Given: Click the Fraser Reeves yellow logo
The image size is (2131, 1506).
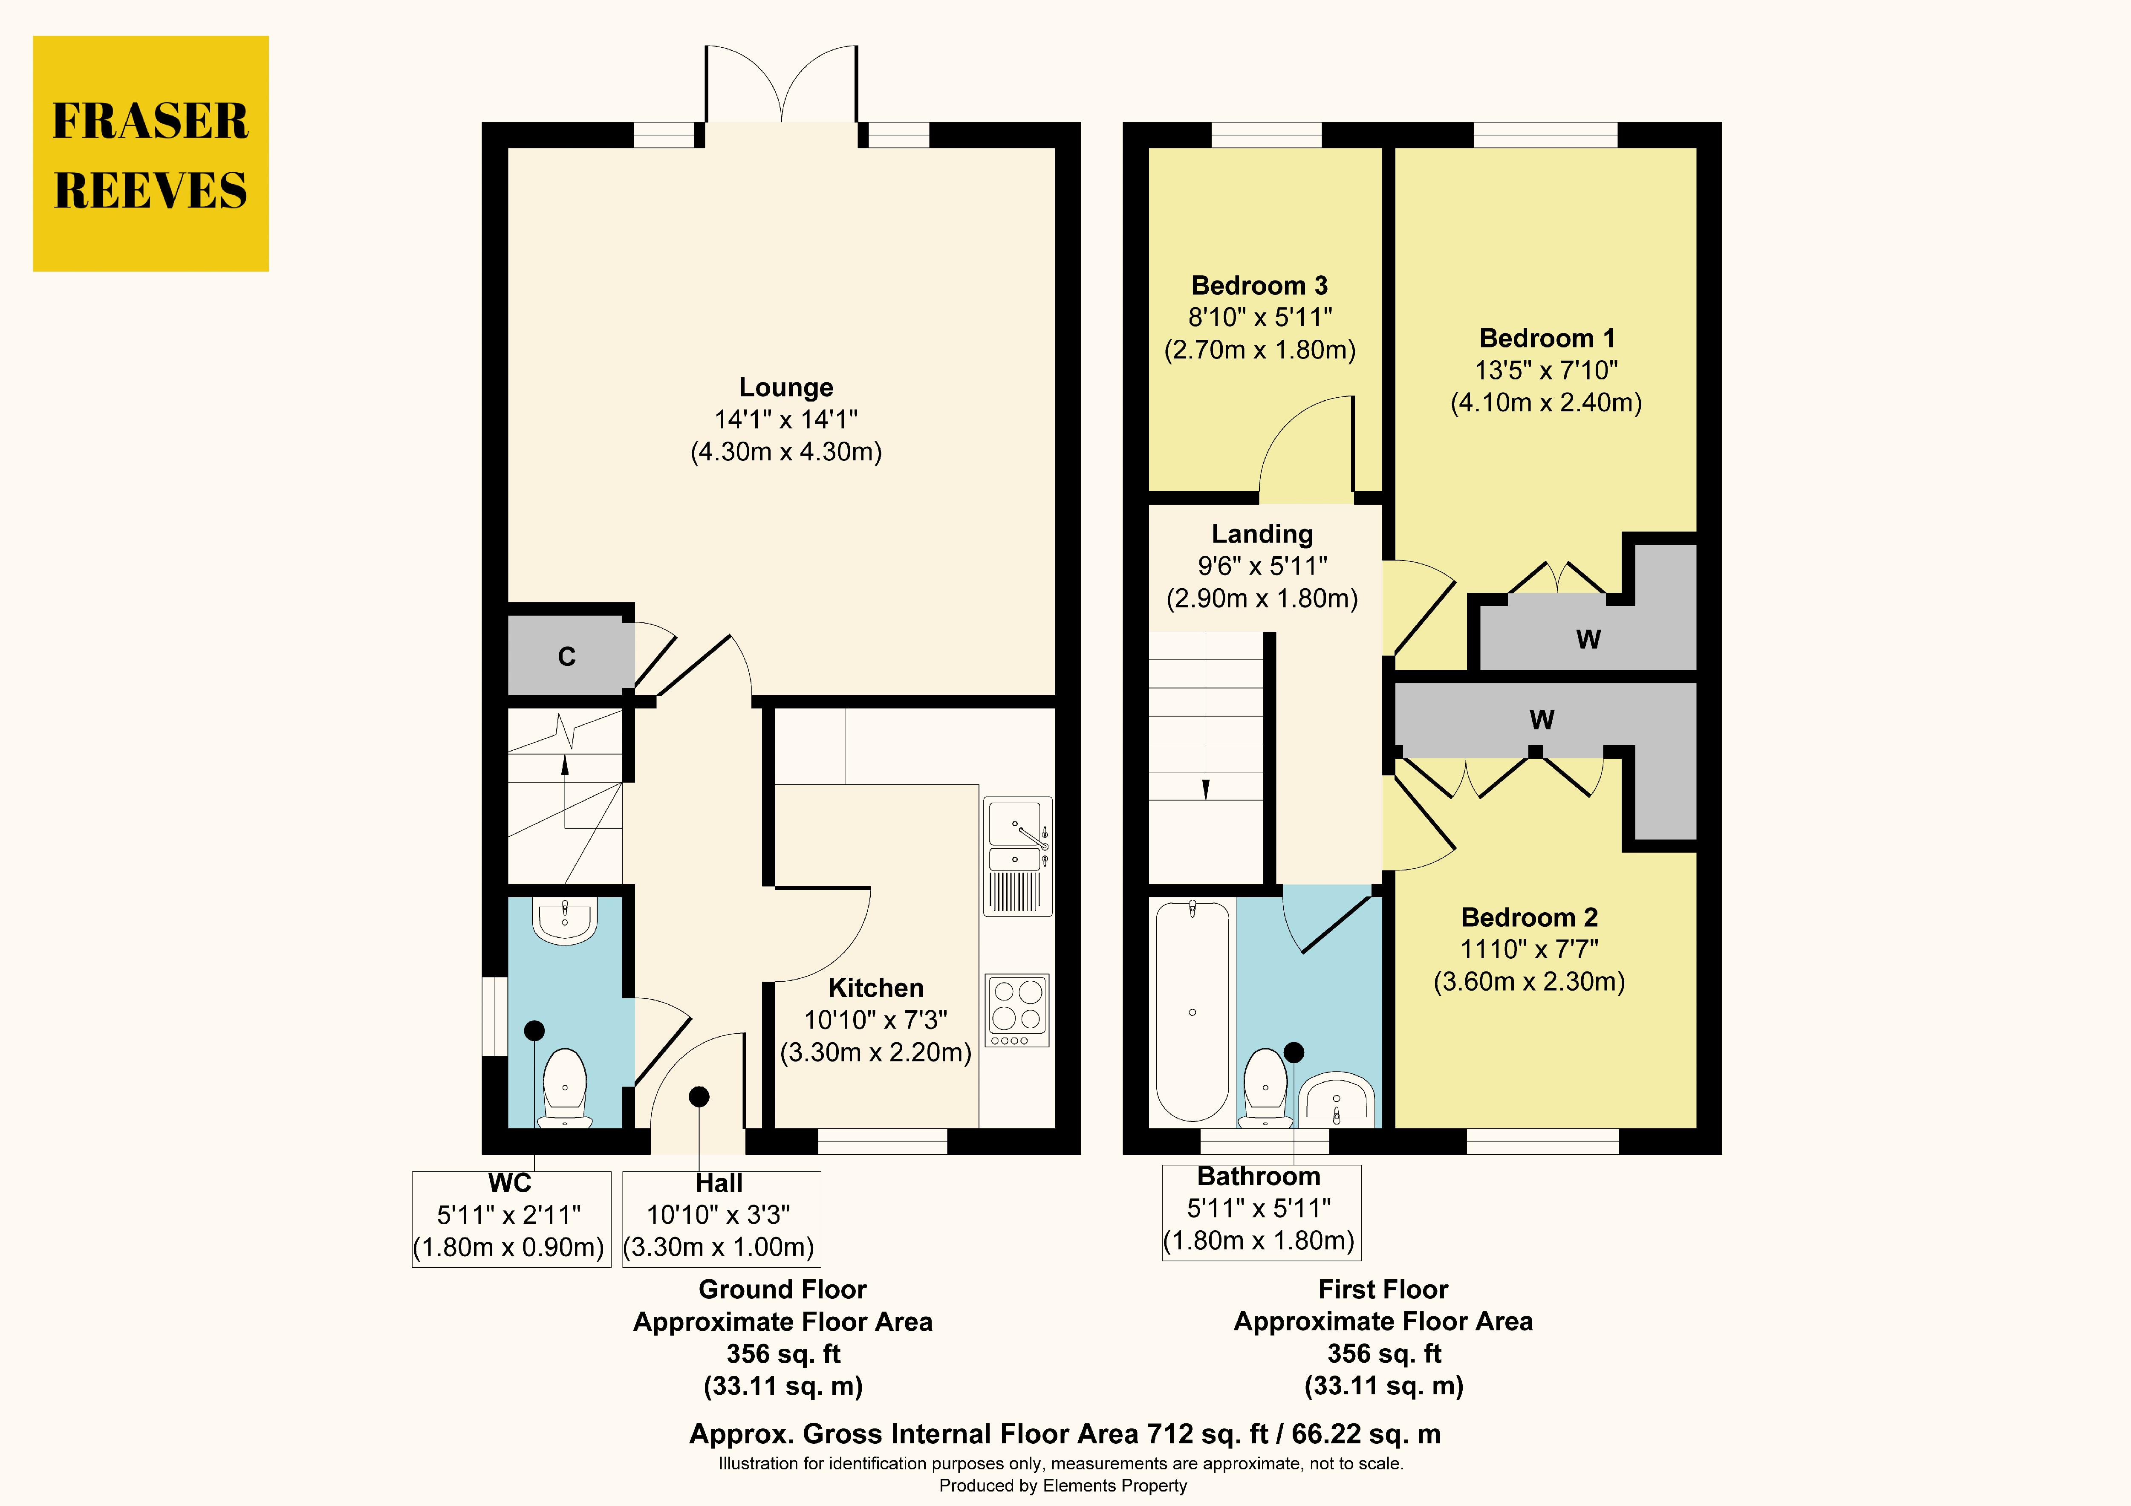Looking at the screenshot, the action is [x=150, y=154].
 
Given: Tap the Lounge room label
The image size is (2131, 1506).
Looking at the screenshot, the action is [x=786, y=387].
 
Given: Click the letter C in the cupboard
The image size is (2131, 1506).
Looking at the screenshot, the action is [x=567, y=656].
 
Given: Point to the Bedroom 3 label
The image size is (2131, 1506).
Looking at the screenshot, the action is [x=1259, y=285].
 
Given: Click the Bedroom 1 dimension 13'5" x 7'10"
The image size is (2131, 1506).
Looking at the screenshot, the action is [x=1546, y=370].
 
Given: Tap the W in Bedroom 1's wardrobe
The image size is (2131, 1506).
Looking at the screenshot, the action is [x=1588, y=639].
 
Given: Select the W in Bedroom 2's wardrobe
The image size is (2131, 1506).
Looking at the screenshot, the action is [x=1542, y=720].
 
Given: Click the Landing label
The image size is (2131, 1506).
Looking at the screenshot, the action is [x=1262, y=534].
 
